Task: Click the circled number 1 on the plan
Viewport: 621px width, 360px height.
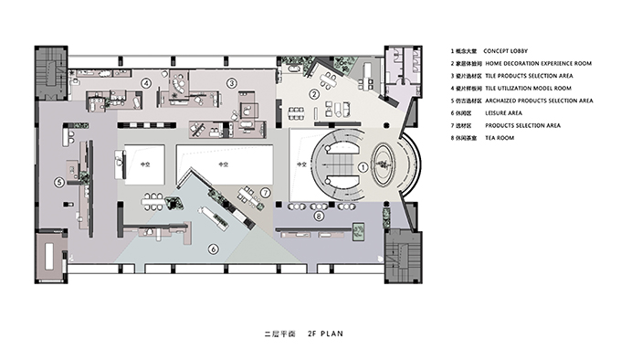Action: pyautogui.click(x=362, y=167)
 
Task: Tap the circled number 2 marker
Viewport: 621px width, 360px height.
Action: pyautogui.click(x=314, y=94)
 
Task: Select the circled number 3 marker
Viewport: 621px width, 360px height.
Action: pyautogui.click(x=232, y=83)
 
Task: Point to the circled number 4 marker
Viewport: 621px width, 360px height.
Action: pyautogui.click(x=145, y=83)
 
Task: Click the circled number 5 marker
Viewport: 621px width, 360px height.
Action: pyautogui.click(x=59, y=182)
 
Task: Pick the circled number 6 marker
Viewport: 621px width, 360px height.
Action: pyautogui.click(x=213, y=249)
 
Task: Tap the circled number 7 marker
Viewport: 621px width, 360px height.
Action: pyautogui.click(x=265, y=193)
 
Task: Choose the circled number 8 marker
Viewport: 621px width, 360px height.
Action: pyautogui.click(x=319, y=217)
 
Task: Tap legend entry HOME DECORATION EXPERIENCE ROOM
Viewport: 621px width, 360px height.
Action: pyautogui.click(x=538, y=63)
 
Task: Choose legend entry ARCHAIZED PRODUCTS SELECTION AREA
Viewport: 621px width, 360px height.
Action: pyautogui.click(x=539, y=101)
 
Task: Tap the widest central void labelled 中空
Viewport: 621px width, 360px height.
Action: pyautogui.click(x=225, y=164)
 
